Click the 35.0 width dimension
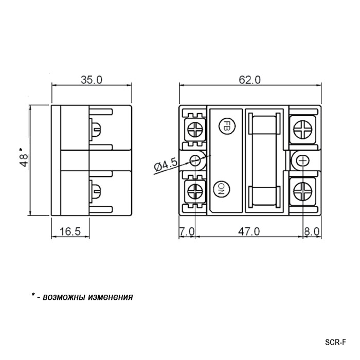pos(92,80)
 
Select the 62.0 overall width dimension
pos(249,80)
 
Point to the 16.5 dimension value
pos(70,231)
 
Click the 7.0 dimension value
pos(187,231)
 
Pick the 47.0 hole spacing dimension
pos(249,231)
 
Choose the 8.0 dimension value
pos(312,231)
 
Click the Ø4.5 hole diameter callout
pos(166,165)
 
